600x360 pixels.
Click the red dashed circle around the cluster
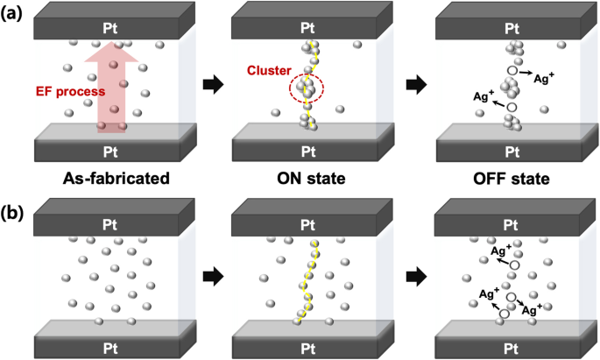coord(307,87)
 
